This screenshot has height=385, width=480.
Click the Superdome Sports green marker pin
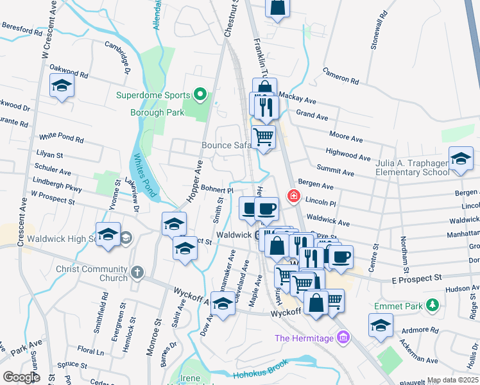(200, 96)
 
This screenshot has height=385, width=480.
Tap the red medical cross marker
(295, 195)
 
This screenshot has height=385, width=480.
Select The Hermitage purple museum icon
(343, 338)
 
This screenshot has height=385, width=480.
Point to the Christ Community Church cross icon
(137, 273)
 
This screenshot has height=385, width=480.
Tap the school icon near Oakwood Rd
(62, 86)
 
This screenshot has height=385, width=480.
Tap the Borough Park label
(157, 112)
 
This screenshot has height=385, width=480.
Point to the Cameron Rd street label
(340, 76)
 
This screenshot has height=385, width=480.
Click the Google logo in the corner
(21, 377)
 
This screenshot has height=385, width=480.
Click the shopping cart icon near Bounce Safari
(264, 137)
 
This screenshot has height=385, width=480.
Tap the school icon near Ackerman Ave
(381, 325)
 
